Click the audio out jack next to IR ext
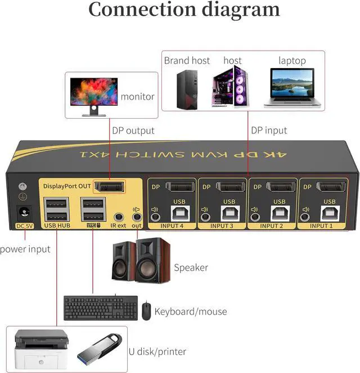pos(136,217)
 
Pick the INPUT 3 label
pos(222,226)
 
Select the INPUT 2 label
pos(273,226)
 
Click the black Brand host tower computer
pos(185,89)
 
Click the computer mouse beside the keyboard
pos(146,311)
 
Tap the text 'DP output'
pos(133,131)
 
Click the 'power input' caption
pos(25,249)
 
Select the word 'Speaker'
pos(191,267)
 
